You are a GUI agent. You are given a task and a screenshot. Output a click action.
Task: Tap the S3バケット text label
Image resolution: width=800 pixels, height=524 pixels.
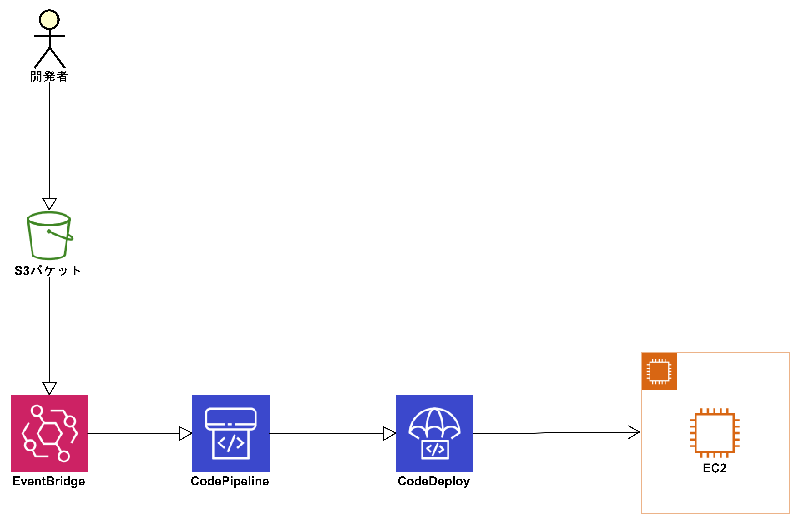tap(48, 271)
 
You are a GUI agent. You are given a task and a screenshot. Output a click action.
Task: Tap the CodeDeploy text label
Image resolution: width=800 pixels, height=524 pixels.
tap(434, 481)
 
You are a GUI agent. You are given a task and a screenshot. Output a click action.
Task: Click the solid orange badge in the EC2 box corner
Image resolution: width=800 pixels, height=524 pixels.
tap(659, 371)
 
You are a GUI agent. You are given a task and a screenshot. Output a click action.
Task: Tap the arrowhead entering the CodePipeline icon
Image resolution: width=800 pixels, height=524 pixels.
tap(185, 433)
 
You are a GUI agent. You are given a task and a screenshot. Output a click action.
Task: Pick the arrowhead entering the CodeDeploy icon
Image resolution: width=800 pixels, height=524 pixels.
tap(389, 433)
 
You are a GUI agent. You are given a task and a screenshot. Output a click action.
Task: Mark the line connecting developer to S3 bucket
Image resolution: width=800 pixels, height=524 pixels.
tap(49, 141)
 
